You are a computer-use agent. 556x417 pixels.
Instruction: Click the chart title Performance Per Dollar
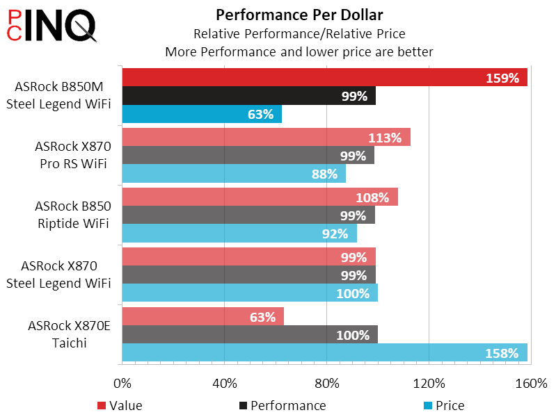point(299,15)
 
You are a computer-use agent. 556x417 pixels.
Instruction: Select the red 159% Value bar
point(324,77)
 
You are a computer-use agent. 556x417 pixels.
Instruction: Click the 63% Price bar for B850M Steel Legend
point(202,114)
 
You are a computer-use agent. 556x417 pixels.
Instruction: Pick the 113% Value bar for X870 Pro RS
point(266,137)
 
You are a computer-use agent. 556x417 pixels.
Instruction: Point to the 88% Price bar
point(234,174)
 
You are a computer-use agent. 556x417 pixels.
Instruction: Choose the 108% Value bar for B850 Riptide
point(260,197)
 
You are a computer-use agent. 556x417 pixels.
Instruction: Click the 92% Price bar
point(239,234)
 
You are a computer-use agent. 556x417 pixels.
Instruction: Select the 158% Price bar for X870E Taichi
point(324,353)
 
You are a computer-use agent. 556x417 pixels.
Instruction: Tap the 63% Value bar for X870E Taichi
point(202,317)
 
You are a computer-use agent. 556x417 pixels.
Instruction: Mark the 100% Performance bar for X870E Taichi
point(250,335)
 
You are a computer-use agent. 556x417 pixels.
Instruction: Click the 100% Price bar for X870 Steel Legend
point(250,293)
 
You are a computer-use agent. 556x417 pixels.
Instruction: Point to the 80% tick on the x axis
point(326,383)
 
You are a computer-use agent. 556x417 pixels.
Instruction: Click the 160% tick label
point(531,383)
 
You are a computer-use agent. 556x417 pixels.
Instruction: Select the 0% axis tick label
point(122,383)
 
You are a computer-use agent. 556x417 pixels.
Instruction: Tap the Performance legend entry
point(282,405)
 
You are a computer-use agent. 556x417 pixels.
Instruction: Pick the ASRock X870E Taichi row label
point(69,334)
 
